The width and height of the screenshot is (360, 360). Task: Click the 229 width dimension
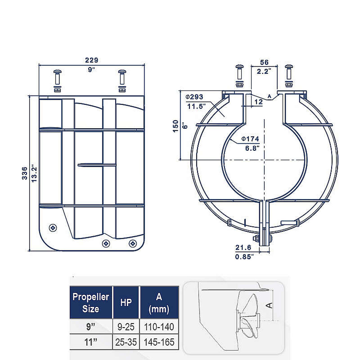point(91,60)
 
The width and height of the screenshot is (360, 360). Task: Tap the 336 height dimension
point(24,173)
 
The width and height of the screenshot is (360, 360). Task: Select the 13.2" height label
point(34,173)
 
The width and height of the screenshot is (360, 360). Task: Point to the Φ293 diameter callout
point(194,97)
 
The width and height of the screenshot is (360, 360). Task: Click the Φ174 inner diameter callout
point(250,139)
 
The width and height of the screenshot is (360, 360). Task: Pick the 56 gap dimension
point(264,62)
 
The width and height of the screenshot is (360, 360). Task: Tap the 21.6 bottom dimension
point(243,247)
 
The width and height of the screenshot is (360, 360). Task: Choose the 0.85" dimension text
point(244,257)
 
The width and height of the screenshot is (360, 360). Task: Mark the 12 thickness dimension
point(258,102)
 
